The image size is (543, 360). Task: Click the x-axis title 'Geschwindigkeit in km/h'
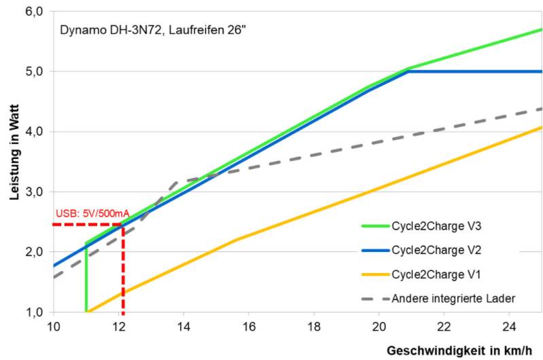click(464, 350)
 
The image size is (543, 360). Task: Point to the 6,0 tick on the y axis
click(34, 12)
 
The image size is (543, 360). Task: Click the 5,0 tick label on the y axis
click(34, 71)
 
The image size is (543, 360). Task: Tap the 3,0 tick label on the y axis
click(34, 192)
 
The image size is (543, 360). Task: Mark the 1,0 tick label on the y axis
click(34, 312)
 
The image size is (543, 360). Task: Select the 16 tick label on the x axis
click(249, 325)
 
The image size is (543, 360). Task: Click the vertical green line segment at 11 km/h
click(86, 278)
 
